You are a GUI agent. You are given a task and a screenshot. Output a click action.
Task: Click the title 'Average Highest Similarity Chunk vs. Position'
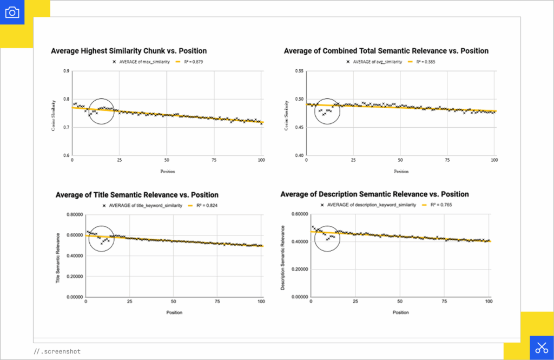click(x=128, y=51)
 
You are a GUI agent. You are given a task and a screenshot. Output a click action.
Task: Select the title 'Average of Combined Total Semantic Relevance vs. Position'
click(x=386, y=51)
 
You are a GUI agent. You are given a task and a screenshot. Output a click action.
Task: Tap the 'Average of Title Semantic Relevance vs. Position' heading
click(x=137, y=195)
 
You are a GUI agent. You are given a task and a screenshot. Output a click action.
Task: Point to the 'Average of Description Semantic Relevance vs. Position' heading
click(x=374, y=194)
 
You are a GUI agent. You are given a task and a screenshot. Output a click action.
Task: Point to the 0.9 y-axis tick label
click(x=66, y=71)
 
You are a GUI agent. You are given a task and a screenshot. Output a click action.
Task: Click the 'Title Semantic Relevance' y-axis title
click(x=58, y=256)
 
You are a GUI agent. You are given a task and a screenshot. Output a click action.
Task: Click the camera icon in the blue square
click(x=12, y=12)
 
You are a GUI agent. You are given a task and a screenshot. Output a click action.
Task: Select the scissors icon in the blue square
click(x=542, y=348)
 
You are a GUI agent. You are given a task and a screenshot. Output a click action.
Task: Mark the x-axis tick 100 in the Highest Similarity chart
click(x=261, y=161)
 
